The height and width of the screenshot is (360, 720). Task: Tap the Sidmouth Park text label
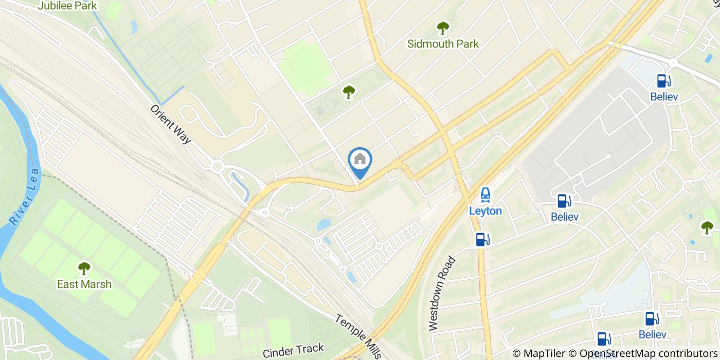pos(443,44)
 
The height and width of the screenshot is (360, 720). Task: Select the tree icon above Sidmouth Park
pos(442,28)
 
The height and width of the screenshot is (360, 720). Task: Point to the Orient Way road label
pos(170,125)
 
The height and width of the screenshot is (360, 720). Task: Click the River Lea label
pos(24,196)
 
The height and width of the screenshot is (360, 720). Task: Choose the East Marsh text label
pos(84,284)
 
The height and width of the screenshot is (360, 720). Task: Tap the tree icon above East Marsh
pos(84,268)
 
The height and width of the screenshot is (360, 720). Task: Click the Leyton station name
pos(485,211)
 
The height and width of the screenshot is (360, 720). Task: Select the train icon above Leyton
pos(485,195)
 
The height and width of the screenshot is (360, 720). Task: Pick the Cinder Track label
pos(293,351)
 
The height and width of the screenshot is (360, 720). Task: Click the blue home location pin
pos(360,160)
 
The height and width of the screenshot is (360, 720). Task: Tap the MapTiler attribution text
pos(538,353)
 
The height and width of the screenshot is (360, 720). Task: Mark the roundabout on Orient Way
pos(217,166)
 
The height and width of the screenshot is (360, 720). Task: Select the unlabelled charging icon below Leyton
pos(482,239)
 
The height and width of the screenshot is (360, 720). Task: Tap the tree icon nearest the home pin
pos(349,92)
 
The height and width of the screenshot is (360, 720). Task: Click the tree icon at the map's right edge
pos(707,227)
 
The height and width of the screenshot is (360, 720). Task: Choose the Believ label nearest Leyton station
pos(564,217)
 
